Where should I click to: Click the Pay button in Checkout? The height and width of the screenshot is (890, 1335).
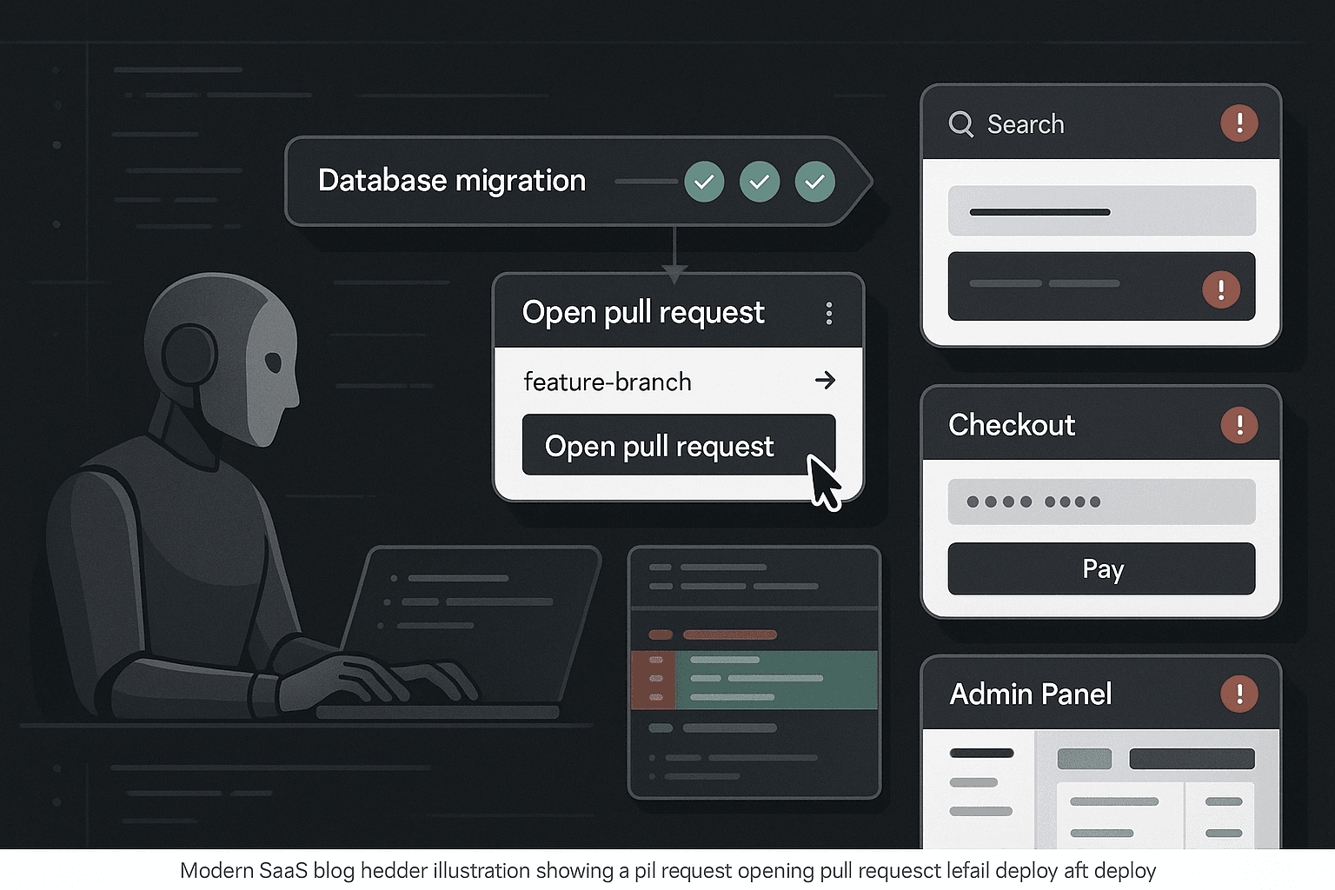point(1101,568)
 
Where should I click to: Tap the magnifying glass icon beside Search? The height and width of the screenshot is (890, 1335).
point(960,124)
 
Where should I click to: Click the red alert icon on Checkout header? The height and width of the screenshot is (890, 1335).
point(1239,425)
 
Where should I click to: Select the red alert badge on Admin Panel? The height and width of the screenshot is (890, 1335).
point(1239,694)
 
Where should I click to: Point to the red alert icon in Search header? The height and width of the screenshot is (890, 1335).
point(1239,123)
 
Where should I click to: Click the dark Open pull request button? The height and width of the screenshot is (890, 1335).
point(679,445)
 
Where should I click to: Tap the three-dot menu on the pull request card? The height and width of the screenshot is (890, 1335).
point(829,313)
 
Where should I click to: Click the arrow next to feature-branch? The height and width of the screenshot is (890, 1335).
point(826,380)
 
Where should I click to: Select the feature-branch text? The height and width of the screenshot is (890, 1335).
point(608,382)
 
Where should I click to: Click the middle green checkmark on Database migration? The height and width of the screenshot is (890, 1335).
point(760,182)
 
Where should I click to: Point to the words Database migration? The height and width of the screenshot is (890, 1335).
point(452,181)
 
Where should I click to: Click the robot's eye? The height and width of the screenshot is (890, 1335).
point(273,362)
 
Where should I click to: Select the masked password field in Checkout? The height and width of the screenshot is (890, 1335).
point(1101,501)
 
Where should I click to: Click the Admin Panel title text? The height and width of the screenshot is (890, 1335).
point(1031,694)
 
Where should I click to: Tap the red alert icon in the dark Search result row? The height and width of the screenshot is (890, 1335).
point(1221,289)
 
